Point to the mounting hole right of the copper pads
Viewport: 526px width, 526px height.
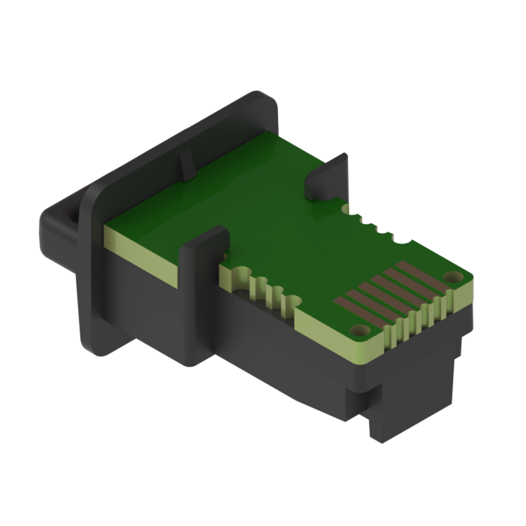pos(450,277)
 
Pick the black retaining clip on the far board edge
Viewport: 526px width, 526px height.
pos(329,174)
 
